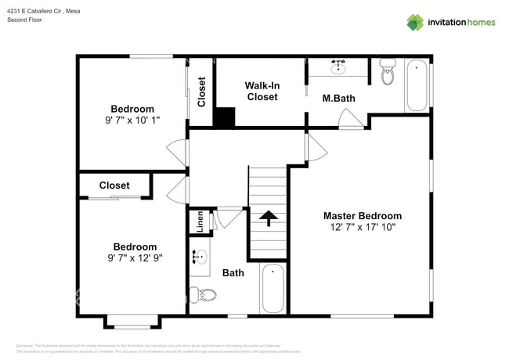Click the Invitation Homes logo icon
(415, 22)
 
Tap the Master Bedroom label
(363, 216)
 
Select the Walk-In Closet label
(262, 91)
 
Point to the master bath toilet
(388, 73)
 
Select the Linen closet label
(200, 221)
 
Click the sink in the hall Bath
(199, 257)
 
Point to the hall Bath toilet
(205, 295)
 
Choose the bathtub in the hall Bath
(273, 289)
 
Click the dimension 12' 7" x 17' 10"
(363, 228)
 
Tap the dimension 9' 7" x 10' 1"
(132, 121)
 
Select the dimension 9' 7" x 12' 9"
(134, 258)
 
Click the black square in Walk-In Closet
(225, 117)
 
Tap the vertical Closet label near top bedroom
(201, 91)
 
